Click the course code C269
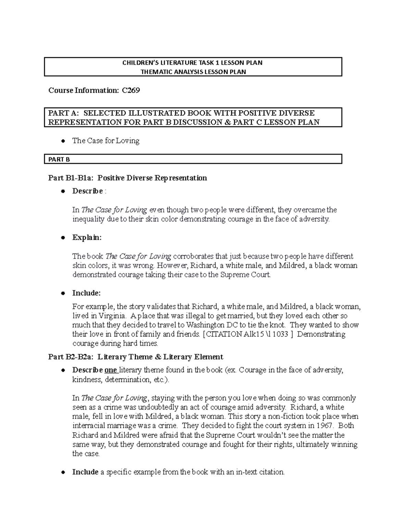click(131, 90)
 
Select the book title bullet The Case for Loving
click(105, 141)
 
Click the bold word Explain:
click(87, 237)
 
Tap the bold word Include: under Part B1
click(86, 293)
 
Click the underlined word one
click(110, 370)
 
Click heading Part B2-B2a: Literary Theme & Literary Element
click(136, 357)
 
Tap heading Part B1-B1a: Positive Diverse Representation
click(127, 178)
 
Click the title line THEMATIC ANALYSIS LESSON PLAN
click(193, 72)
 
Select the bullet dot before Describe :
click(63, 191)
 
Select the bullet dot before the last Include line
click(63, 472)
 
